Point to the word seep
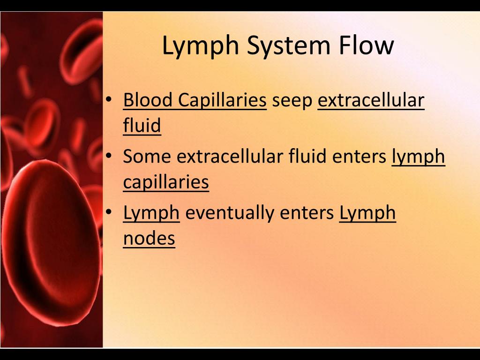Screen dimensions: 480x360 (x=292, y=101)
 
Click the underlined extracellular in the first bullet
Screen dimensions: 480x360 (x=371, y=100)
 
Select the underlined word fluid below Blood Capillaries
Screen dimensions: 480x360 (x=142, y=126)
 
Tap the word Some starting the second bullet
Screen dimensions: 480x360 (x=147, y=157)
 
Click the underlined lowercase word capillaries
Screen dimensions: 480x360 (x=165, y=182)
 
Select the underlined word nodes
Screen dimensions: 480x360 (x=149, y=239)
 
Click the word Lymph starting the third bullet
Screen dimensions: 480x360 (x=151, y=213)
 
